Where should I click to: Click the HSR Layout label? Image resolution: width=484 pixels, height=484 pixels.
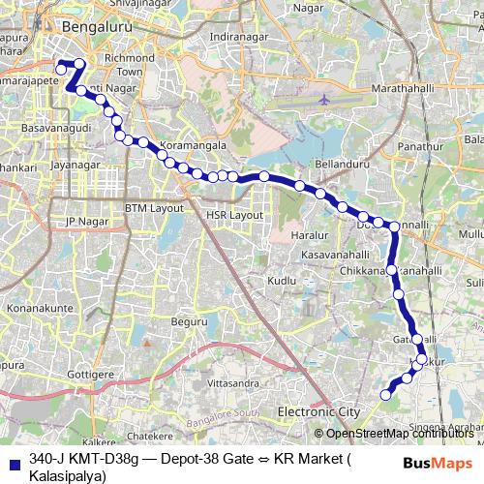click(233, 214)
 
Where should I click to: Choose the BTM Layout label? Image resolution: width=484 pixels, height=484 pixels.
click(154, 208)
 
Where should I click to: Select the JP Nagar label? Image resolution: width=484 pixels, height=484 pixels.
click(84, 222)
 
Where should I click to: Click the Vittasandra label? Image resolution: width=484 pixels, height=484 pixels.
click(232, 383)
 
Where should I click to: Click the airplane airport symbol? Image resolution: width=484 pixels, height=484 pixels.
click(323, 99)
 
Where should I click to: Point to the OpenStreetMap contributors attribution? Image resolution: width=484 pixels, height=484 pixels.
click(397, 434)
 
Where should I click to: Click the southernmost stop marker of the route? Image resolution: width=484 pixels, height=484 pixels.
click(385, 394)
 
